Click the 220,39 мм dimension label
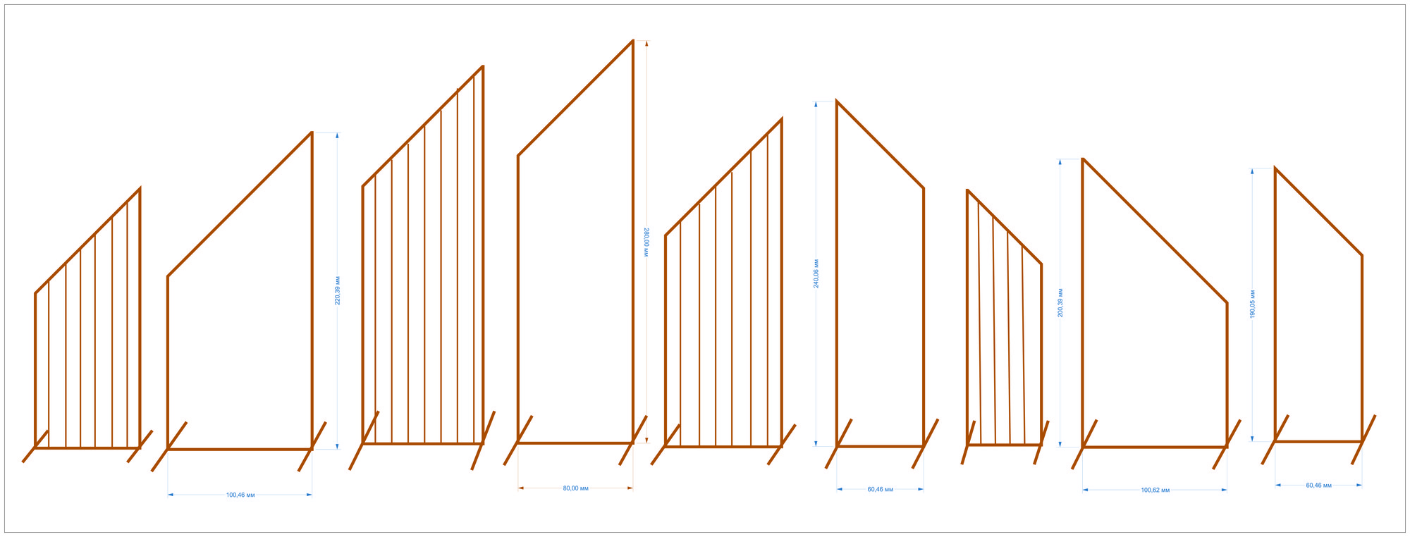pos(337,290)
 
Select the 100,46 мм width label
pos(240,495)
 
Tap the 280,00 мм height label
pos(646,241)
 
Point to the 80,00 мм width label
pos(575,488)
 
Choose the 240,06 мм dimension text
pos(816,273)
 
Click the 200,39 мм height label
pos(1060,303)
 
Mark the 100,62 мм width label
pos(1155,490)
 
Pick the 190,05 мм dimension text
pos(1252,304)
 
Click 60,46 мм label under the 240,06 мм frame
pos(880,489)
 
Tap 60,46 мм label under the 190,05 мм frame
pos(1318,486)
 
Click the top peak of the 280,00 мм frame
pos(632,41)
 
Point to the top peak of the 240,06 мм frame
pos(837,101)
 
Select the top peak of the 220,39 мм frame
pos(312,132)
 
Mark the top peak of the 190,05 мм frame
pos(1275,168)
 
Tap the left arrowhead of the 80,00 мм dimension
pos(521,488)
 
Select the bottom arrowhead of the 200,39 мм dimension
pos(1060,443)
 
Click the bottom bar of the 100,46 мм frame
pos(240,449)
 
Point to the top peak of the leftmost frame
pos(140,189)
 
